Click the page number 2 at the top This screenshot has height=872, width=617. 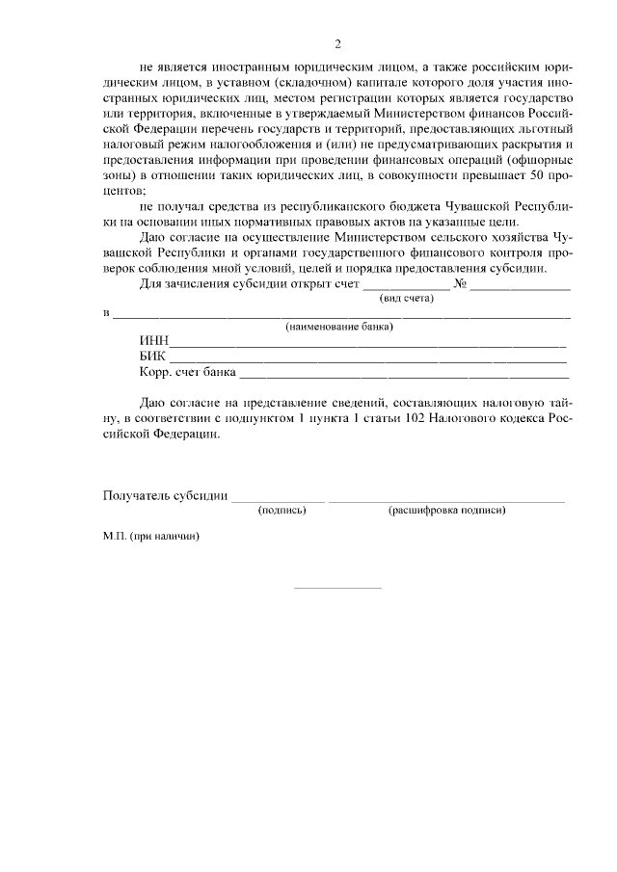click(x=337, y=42)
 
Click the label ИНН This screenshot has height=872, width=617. click(x=154, y=341)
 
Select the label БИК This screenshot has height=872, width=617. click(x=153, y=357)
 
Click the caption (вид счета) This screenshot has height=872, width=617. click(x=406, y=300)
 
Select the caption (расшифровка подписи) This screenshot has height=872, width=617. click(x=446, y=510)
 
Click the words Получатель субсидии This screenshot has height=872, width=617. click(x=165, y=496)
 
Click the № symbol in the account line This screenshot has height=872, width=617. click(x=460, y=285)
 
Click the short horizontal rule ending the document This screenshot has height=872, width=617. click(x=336, y=587)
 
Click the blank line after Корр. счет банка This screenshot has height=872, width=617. click(x=403, y=378)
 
